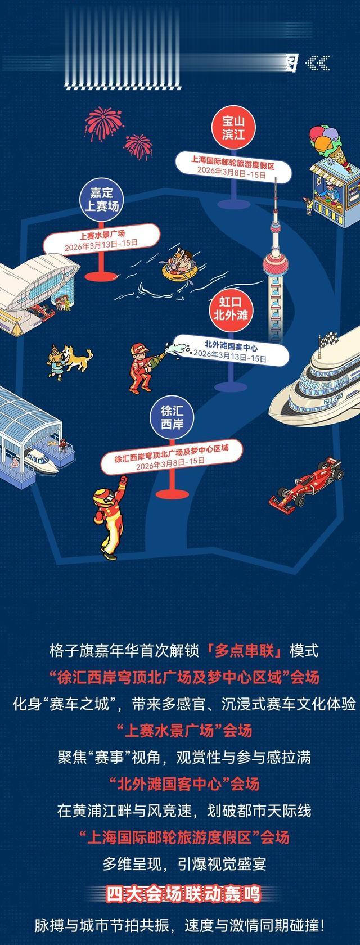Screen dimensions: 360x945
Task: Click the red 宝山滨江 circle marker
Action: (233, 127)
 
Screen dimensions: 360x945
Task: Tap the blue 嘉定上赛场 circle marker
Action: (102, 200)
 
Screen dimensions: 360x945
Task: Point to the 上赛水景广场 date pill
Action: (102, 238)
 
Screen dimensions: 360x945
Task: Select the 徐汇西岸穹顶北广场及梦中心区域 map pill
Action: (172, 457)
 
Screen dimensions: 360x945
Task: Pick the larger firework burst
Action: (103, 123)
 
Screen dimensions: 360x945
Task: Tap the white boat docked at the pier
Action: (40, 461)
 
